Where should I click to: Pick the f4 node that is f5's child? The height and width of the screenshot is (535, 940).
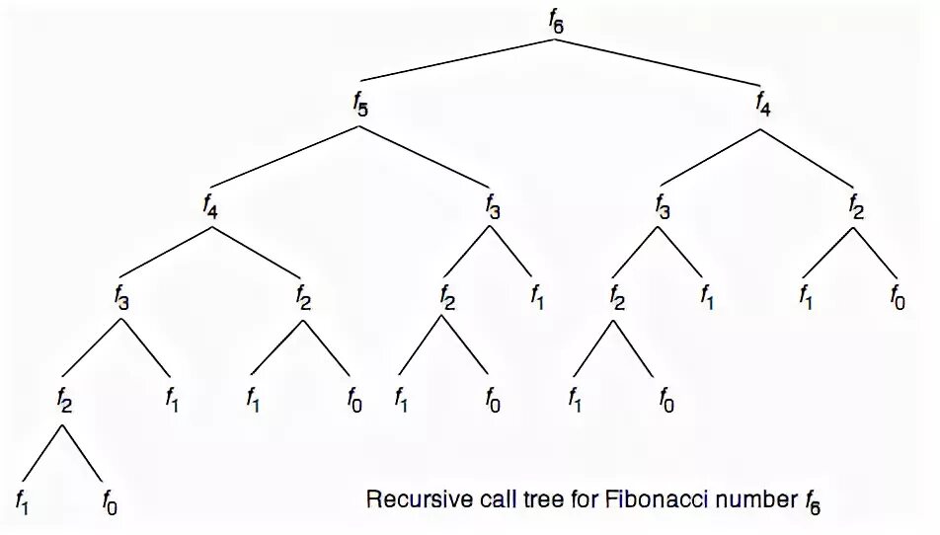tap(210, 206)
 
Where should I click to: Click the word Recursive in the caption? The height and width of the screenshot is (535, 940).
tap(408, 499)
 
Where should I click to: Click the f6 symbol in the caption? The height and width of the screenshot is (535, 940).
tap(812, 501)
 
